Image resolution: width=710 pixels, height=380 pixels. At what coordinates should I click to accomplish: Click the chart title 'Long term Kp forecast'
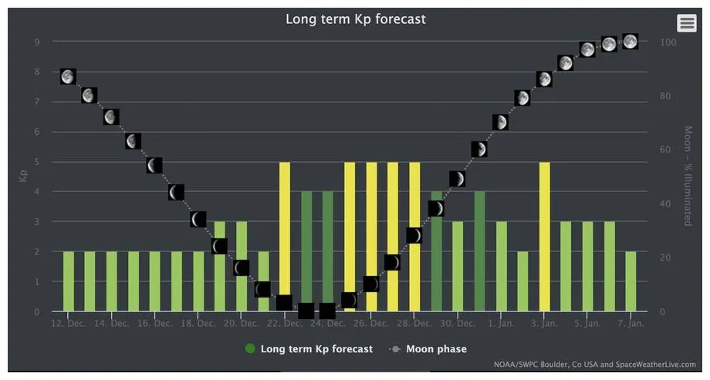pyautogui.click(x=355, y=19)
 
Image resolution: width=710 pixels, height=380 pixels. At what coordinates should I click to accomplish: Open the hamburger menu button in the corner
pyautogui.click(x=686, y=23)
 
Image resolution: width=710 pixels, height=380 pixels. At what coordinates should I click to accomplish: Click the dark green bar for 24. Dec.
pyautogui.click(x=328, y=247)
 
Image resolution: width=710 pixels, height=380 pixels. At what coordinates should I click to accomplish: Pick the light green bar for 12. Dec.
pyautogui.click(x=68, y=281)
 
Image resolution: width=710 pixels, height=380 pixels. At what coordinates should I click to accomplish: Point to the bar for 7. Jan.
pyautogui.click(x=631, y=281)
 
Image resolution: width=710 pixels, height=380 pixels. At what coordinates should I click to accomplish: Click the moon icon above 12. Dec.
pyautogui.click(x=68, y=76)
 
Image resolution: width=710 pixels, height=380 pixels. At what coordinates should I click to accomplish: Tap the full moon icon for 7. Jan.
pyautogui.click(x=631, y=42)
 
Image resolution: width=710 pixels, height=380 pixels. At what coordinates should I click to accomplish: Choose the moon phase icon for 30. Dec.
pyautogui.click(x=458, y=179)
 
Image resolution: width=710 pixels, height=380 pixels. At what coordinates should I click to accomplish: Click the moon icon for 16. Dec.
pyautogui.click(x=154, y=166)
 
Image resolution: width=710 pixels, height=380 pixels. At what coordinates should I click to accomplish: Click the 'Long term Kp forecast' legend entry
pyautogui.click(x=309, y=349)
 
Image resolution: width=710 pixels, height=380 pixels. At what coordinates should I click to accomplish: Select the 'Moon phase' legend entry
pyautogui.click(x=429, y=349)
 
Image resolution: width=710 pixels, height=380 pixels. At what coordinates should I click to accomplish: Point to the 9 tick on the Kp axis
pyautogui.click(x=36, y=42)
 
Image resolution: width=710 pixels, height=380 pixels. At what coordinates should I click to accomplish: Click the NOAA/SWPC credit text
pyautogui.click(x=594, y=365)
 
